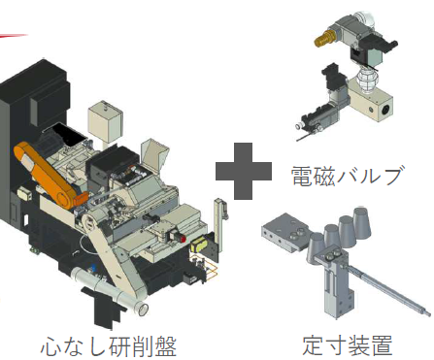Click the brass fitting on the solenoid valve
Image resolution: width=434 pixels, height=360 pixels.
pos(322,38)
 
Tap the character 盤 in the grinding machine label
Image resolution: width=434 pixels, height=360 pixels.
pos(165,344)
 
